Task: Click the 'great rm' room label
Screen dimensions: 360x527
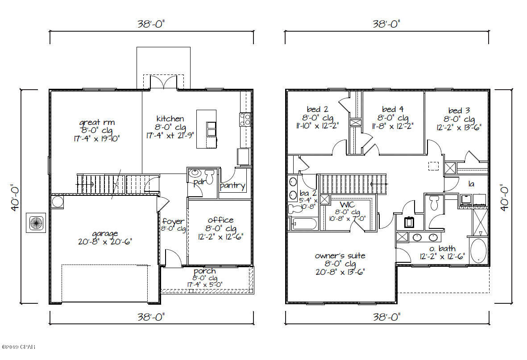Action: tap(97, 122)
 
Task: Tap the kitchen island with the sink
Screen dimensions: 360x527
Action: tap(206, 129)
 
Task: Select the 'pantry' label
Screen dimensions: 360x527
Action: tap(232, 186)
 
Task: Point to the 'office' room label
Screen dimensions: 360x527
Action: tap(220, 220)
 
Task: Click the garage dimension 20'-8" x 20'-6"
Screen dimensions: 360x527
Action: tap(105, 242)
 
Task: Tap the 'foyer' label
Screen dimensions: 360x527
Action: tap(173, 221)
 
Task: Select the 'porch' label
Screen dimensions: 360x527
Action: tap(205, 271)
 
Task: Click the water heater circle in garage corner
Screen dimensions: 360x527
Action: tap(58, 202)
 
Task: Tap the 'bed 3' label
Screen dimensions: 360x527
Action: tap(459, 111)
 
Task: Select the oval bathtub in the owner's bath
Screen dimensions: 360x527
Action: tap(479, 251)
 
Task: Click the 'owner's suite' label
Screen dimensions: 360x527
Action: tap(340, 256)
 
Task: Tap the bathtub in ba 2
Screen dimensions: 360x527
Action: tap(305, 223)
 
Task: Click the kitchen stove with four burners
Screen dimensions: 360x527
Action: tap(245, 119)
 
